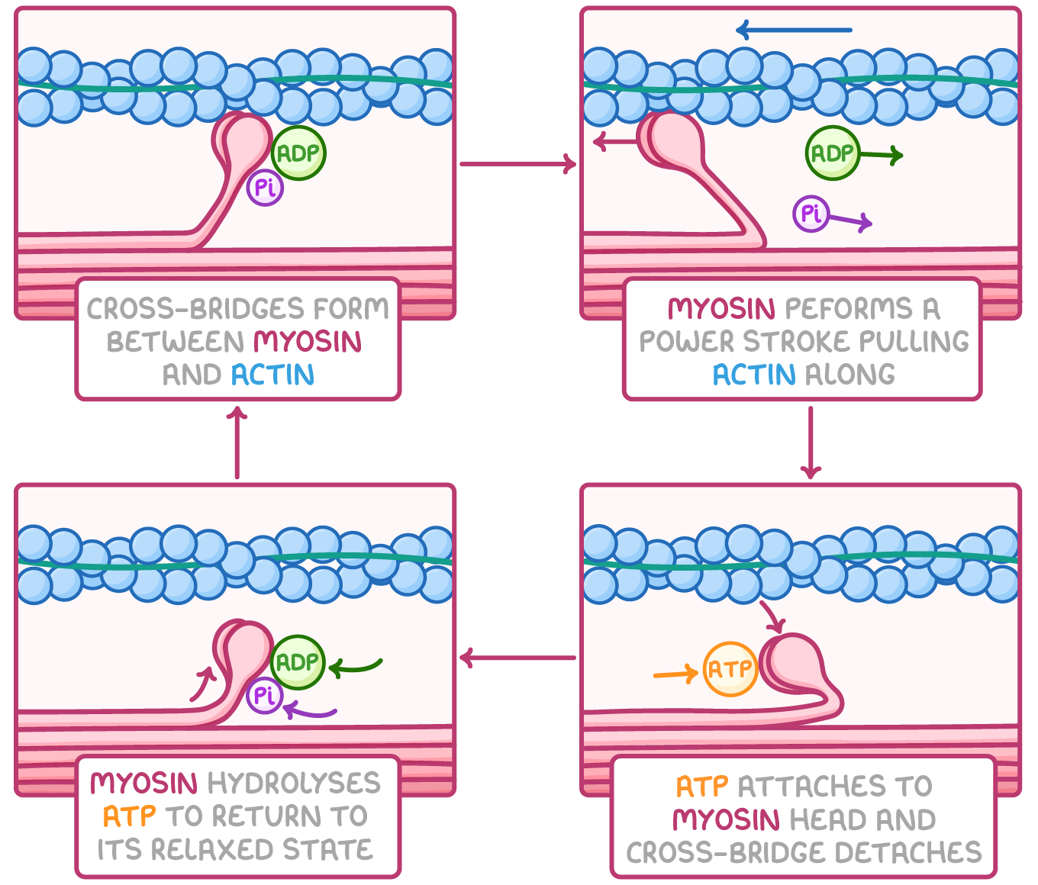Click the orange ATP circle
coord(730,669)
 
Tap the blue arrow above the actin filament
coord(794,31)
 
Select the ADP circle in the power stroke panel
coord(832,153)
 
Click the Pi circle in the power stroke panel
coord(811,213)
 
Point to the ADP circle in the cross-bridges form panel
coord(298,153)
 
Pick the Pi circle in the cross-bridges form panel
coord(265,188)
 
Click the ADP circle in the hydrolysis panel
coord(298,662)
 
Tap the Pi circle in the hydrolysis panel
coord(265,695)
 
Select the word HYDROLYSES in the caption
coord(294,783)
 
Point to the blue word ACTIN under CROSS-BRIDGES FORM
coord(272,375)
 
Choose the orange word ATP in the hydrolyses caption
coord(129,816)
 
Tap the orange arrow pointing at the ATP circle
coord(675,674)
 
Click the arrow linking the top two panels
coord(517,163)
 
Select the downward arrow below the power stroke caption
coord(811,443)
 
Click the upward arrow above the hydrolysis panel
coord(237,443)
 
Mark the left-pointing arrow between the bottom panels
coord(517,658)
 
